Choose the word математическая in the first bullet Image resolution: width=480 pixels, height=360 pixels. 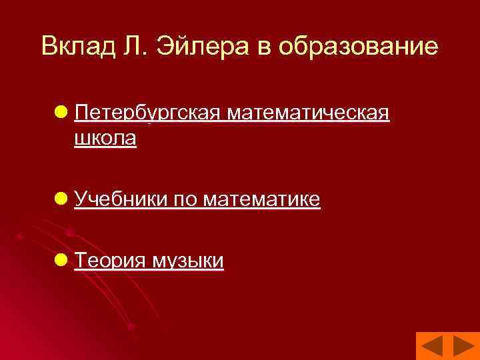pos(308,114)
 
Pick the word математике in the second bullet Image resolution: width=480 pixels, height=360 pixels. pos(262,199)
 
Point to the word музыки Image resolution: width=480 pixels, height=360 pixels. pos(188,260)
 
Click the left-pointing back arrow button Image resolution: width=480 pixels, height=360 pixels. pos(431,347)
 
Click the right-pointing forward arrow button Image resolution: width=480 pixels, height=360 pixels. pos(463,347)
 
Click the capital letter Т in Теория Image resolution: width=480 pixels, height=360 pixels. pos(81,260)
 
